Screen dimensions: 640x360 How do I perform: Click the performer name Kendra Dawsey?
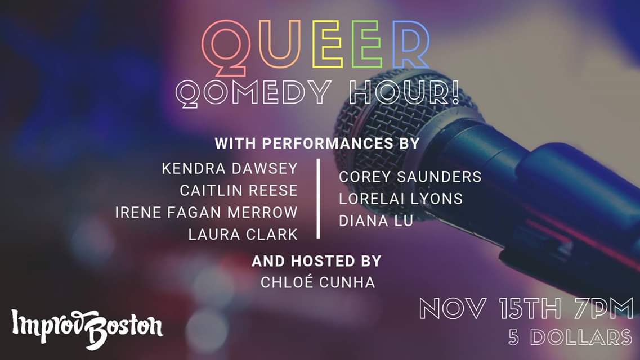point(230,168)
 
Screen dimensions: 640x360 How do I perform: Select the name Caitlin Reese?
point(239,190)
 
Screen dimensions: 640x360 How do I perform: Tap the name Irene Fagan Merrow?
point(207,213)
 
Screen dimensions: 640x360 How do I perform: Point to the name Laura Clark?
point(243,235)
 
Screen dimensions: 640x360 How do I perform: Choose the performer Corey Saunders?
point(410,177)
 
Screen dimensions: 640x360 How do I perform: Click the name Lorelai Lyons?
point(401,199)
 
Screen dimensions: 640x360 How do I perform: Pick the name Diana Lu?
point(376,220)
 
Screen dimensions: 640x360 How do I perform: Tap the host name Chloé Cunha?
point(318,282)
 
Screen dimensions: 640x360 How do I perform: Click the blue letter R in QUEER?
point(410,45)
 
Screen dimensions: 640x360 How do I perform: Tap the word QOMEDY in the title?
point(253,93)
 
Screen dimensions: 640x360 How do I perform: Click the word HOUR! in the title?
point(405,92)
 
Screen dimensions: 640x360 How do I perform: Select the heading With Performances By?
point(317,143)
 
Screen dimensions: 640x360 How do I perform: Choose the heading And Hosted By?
point(316,261)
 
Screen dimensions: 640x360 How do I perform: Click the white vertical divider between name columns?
point(319,198)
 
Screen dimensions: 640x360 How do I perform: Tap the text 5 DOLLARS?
point(570,337)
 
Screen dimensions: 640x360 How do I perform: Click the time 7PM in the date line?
point(603,309)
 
